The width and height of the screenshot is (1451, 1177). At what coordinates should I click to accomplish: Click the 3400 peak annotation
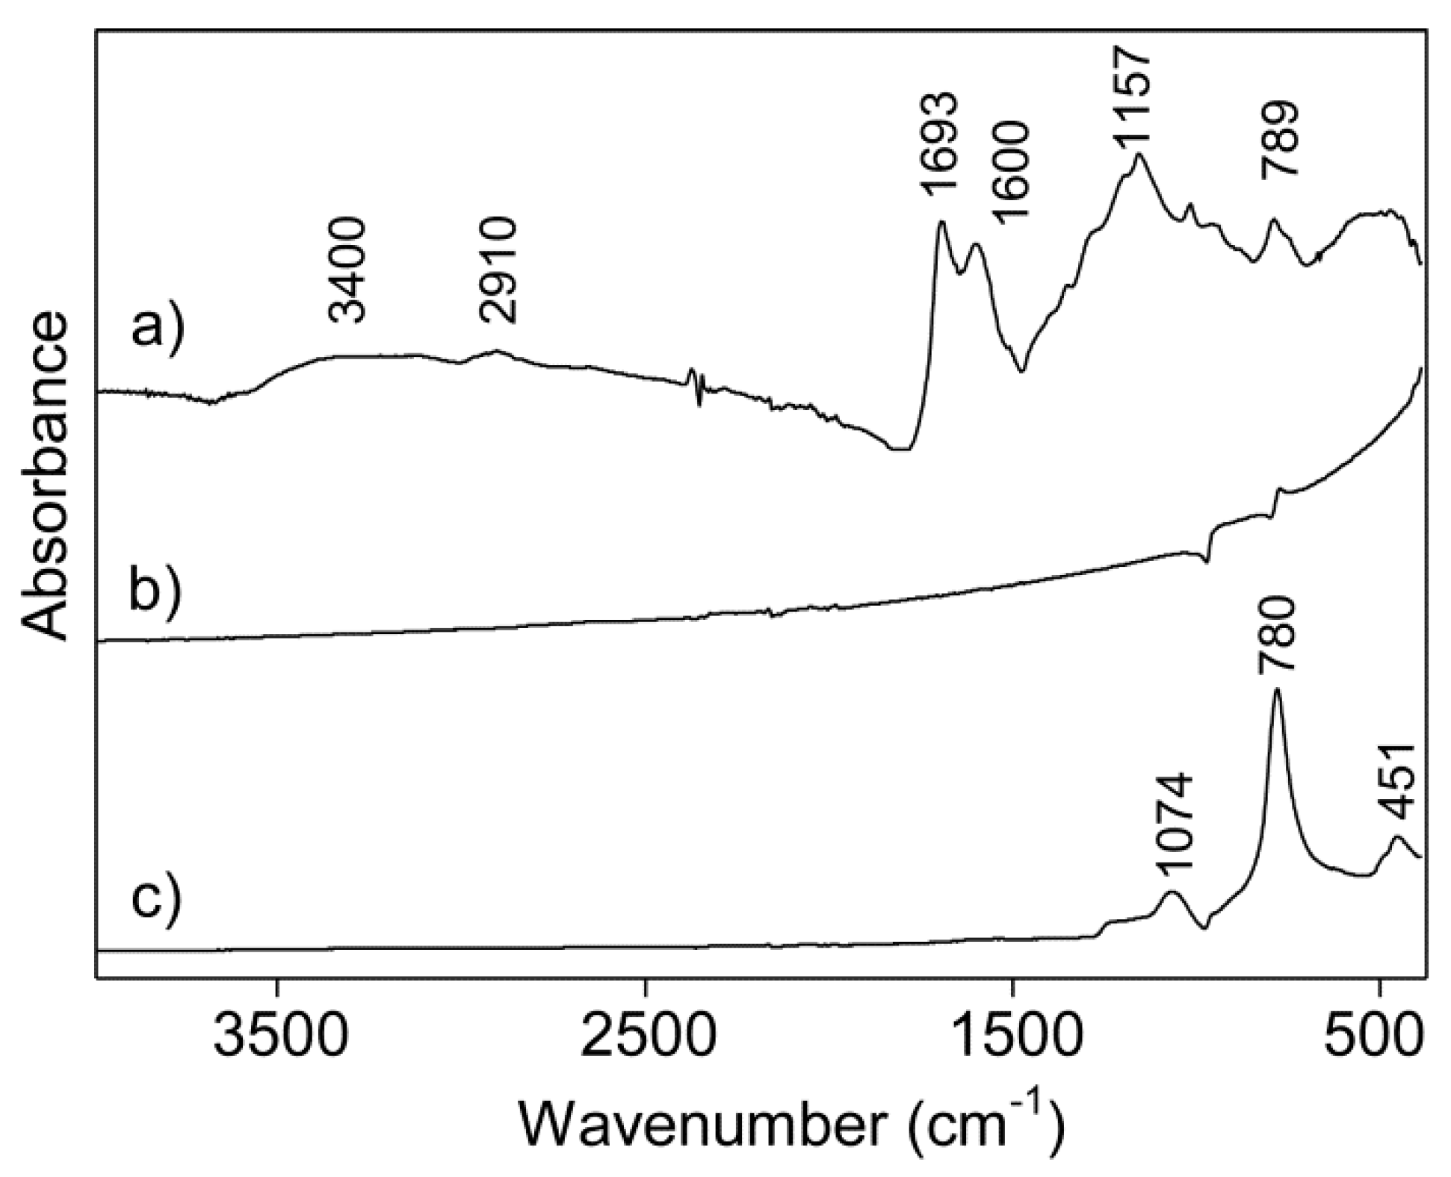pyautogui.click(x=349, y=270)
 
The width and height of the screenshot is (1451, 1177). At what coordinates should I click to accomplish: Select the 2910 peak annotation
pyautogui.click(x=498, y=270)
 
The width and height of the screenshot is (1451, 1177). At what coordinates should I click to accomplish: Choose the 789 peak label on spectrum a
pyautogui.click(x=1280, y=139)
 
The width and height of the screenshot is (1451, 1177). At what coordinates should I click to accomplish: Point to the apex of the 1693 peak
pyautogui.click(x=941, y=222)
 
